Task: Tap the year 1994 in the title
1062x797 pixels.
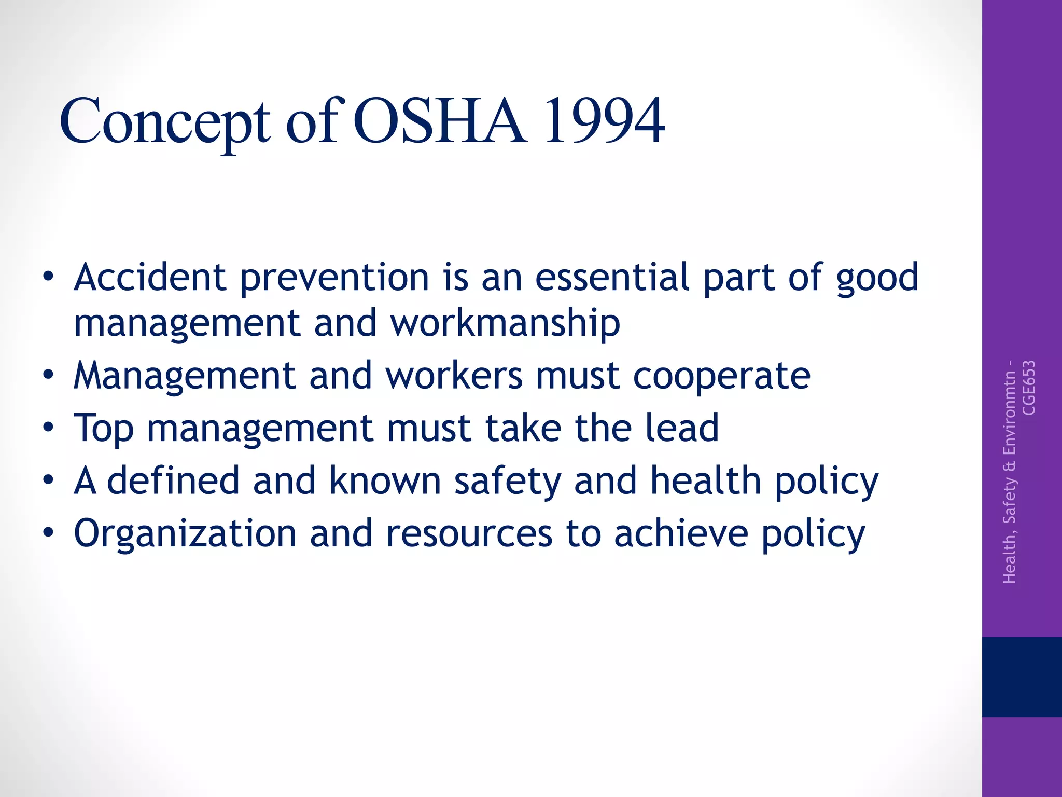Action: [604, 121]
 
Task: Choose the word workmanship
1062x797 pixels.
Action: [505, 323]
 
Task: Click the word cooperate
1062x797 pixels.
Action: [721, 376]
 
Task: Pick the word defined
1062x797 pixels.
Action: [173, 480]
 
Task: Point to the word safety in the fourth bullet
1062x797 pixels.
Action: [508, 482]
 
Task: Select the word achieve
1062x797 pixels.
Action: [681, 533]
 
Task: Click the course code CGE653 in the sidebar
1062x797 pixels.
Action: [1029, 388]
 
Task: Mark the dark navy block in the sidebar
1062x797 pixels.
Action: [1022, 677]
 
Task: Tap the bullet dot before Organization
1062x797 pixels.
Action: [48, 533]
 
